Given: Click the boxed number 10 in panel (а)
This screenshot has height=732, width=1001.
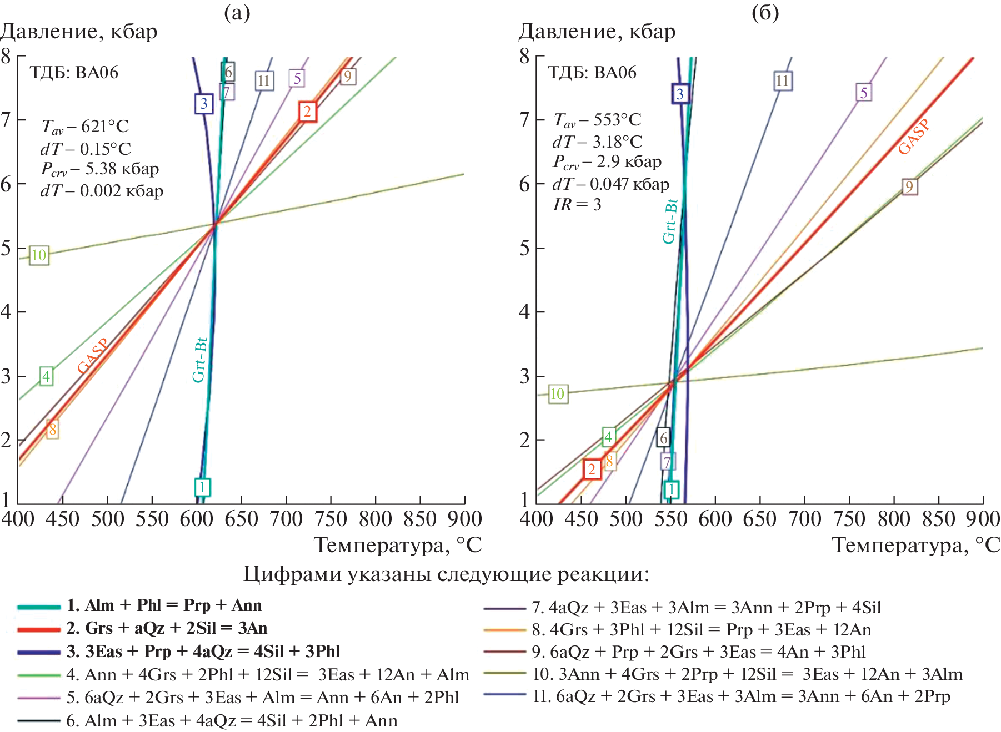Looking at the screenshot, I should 38,255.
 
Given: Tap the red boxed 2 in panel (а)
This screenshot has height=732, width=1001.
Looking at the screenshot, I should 307,112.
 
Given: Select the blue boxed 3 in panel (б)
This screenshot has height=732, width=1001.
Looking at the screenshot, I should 680,94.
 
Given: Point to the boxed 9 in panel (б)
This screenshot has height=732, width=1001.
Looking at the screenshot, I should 909,186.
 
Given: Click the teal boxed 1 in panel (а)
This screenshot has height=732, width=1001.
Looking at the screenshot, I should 202,487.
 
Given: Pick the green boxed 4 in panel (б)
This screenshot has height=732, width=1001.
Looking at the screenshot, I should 608,437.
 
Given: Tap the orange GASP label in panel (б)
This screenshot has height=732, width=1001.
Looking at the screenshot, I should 914,137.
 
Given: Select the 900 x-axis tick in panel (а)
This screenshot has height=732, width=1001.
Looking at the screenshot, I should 464,519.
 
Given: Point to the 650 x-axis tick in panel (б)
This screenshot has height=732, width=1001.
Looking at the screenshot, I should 759,519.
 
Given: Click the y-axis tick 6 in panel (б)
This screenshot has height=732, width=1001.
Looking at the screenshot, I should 524,184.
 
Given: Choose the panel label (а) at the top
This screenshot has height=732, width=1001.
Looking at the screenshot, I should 237,12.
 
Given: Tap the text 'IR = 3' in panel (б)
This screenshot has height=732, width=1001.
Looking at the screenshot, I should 577,205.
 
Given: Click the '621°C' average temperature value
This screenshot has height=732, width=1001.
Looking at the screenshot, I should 104,127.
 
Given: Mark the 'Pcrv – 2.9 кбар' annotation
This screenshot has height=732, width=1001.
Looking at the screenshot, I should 607,162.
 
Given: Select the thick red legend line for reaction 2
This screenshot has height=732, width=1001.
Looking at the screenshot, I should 38,629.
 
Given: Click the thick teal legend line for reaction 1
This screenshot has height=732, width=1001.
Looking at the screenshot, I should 38,607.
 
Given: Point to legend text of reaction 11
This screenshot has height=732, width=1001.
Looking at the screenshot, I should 741,696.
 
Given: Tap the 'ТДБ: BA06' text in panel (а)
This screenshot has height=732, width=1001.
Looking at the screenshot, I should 74,73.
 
